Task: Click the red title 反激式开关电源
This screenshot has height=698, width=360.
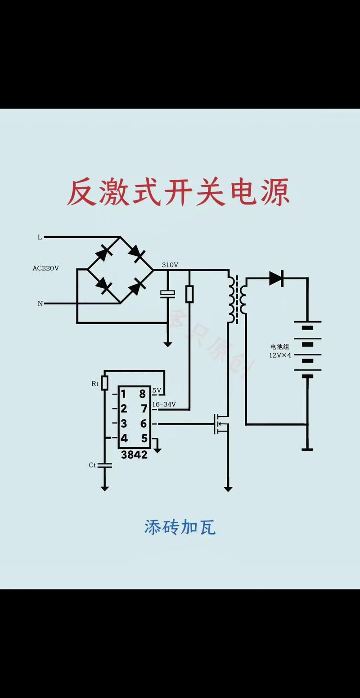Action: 179,193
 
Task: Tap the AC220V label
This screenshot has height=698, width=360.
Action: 45,268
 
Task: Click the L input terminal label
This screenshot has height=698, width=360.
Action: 40,237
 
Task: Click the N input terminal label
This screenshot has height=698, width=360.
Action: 40,304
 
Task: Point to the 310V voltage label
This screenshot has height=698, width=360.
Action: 170,265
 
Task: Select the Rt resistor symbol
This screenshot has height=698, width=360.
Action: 104,383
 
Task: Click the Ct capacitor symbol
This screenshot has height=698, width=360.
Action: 104,466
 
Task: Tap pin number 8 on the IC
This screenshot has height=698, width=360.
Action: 143,394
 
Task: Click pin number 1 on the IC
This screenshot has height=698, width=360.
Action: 124,394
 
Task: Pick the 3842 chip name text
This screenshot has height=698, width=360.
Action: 134,455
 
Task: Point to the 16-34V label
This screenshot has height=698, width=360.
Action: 164,404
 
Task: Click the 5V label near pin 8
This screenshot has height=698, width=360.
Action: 156,390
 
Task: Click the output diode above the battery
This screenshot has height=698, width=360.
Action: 276,279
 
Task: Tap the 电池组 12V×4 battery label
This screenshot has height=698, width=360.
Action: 280,351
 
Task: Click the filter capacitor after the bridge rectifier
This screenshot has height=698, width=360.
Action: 167,294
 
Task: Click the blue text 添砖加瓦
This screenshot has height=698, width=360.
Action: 180,527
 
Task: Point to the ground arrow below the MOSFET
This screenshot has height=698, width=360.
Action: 228,488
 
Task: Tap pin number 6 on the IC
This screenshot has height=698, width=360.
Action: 143,424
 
